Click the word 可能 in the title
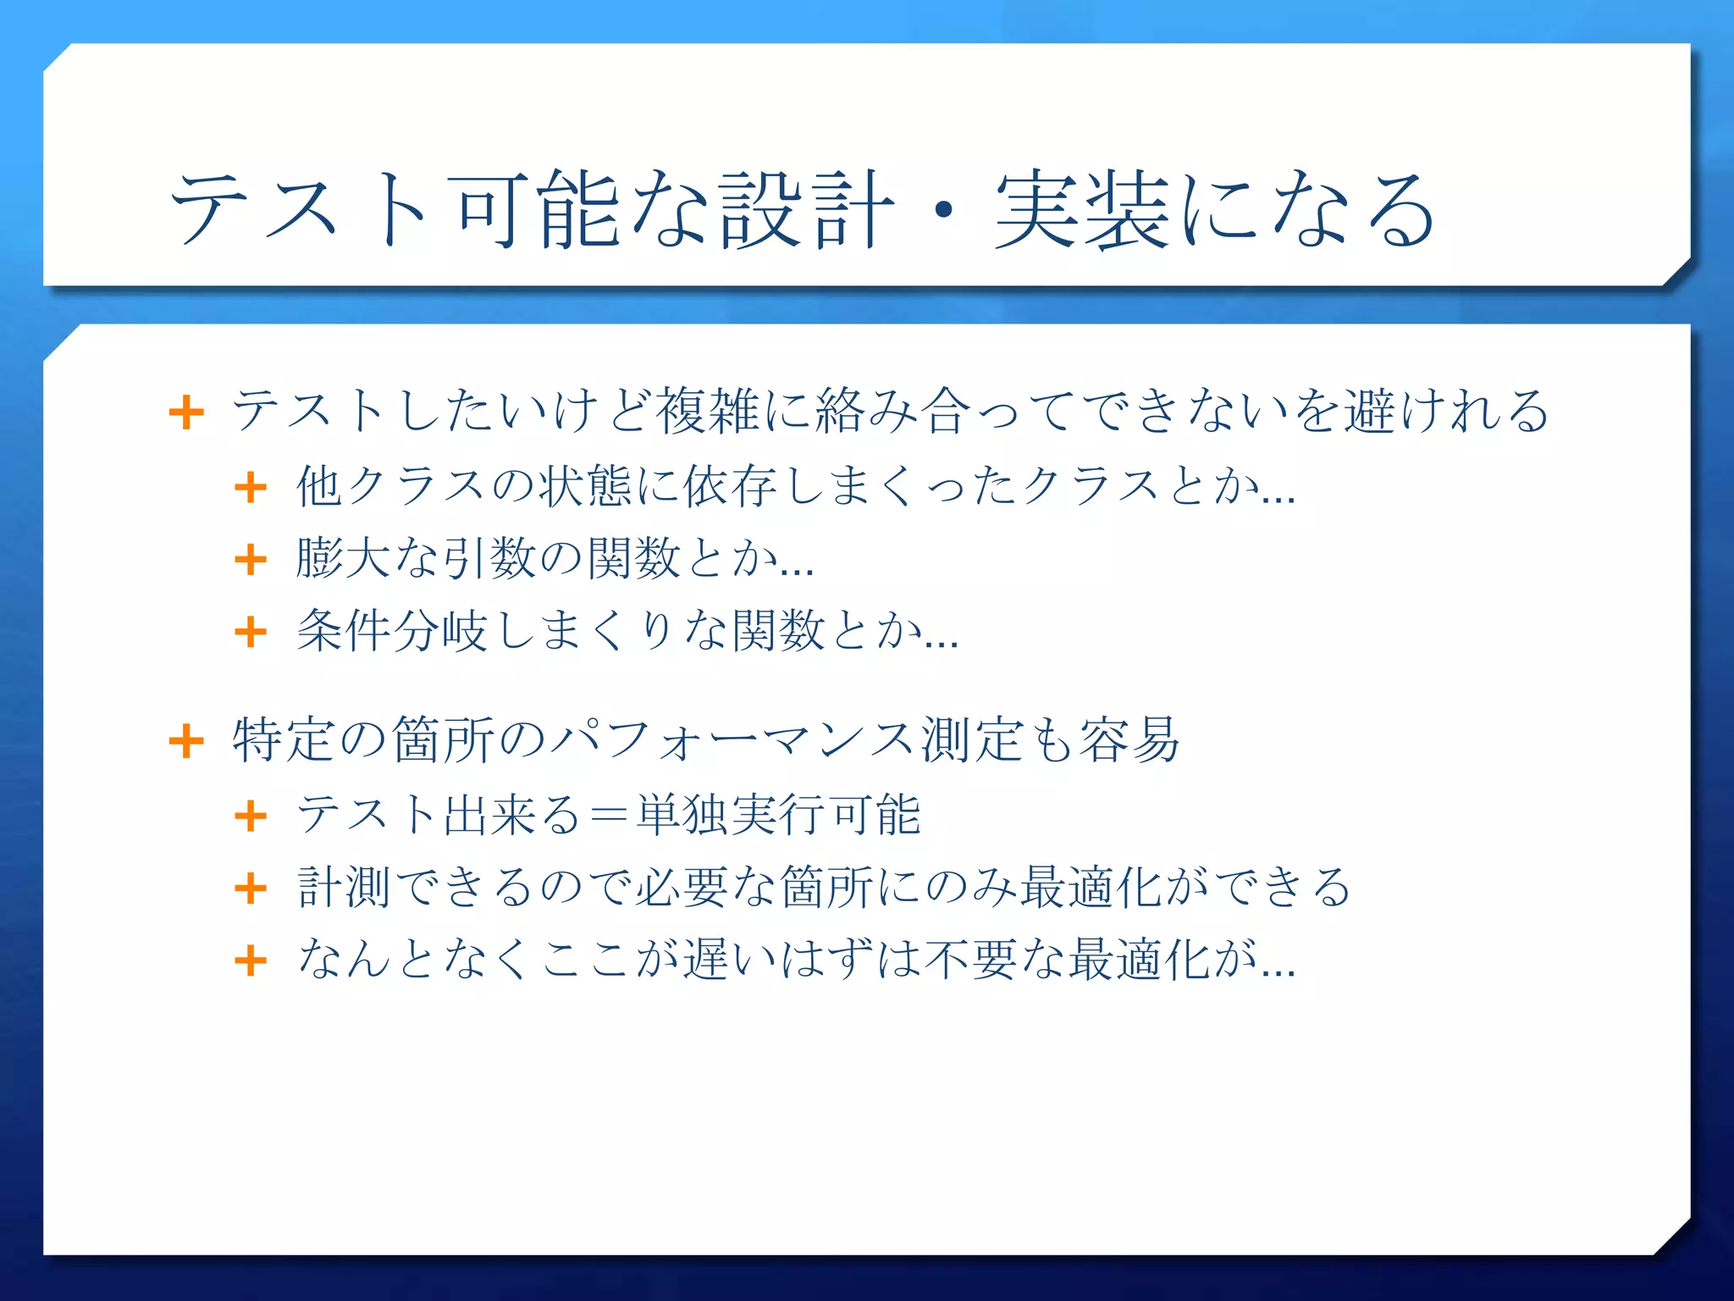538,209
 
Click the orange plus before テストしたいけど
186,413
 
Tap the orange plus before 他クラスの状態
251,487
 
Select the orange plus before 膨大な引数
251,559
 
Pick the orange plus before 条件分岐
251,632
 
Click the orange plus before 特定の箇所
186,742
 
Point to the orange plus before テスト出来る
251,817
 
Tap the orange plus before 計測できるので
251,889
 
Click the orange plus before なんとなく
251,961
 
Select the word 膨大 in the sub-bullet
343,558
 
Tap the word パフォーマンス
732,740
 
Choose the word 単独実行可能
778,815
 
